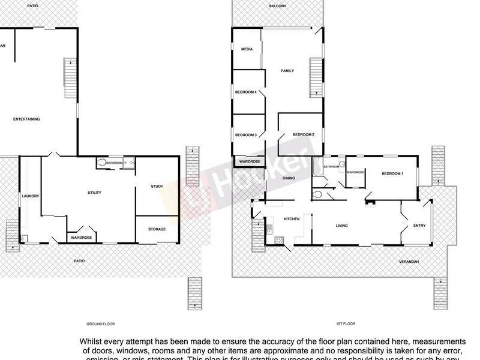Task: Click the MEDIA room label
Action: (246, 49)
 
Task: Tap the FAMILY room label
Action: (288, 71)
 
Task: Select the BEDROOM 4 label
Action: (246, 92)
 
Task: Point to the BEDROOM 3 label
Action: (246, 135)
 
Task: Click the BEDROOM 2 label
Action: (304, 135)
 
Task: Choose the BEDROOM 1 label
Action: (392, 173)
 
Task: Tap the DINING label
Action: (289, 178)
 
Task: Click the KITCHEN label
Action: (275, 218)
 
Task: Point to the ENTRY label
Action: (419, 226)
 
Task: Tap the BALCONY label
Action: (277, 6)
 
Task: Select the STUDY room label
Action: (157, 187)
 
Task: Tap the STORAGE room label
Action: (157, 229)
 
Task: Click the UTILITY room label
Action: (94, 193)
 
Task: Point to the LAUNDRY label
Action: (30, 196)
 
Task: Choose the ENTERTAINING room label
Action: (26, 119)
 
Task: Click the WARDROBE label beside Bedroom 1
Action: (355, 172)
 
